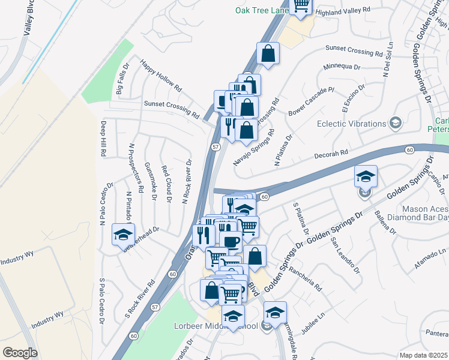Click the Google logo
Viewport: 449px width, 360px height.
pos(20,353)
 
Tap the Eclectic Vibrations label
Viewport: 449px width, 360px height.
pos(351,124)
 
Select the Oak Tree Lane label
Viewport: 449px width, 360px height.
pos(261,10)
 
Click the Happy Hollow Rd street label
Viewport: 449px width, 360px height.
pos(161,74)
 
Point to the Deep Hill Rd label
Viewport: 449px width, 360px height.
pos(103,139)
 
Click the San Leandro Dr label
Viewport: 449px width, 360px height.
pos(345,254)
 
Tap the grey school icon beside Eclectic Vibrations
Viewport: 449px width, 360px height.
pos(396,124)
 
